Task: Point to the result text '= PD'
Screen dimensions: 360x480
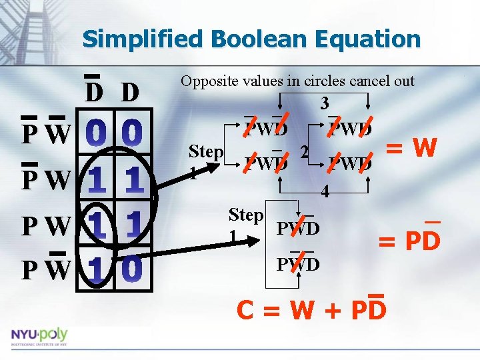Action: pos(409,240)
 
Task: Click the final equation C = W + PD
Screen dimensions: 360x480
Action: pos(311,309)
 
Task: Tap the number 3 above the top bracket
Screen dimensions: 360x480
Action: pos(324,104)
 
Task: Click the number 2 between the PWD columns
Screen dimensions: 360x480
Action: pos(303,153)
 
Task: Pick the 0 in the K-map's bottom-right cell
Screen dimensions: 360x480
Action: pos(133,269)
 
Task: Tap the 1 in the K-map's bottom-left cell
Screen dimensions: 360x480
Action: pos(98,269)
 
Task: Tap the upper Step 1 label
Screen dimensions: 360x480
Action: pos(205,160)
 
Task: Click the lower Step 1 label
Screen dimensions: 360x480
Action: pos(245,224)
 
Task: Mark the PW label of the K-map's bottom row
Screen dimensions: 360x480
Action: pos(45,271)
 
